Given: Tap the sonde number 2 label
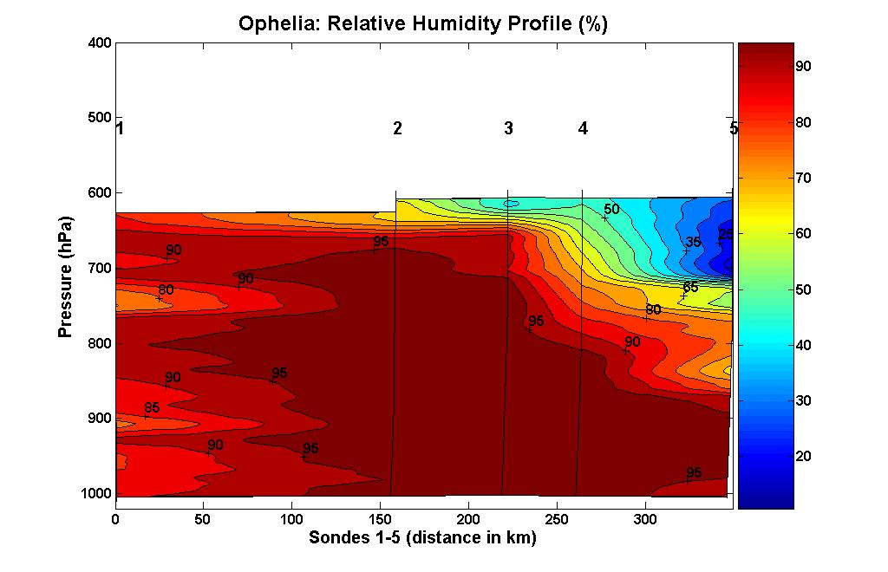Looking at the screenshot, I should tap(397, 129).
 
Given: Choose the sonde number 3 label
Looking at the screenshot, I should tap(508, 129).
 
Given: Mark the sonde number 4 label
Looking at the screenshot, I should tap(583, 129).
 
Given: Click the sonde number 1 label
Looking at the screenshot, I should tap(120, 129).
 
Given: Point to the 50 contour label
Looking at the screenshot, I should tap(611, 209).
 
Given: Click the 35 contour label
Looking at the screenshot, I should tap(693, 242).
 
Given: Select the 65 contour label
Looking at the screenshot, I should tap(690, 288).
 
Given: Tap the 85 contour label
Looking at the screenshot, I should tap(152, 408).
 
